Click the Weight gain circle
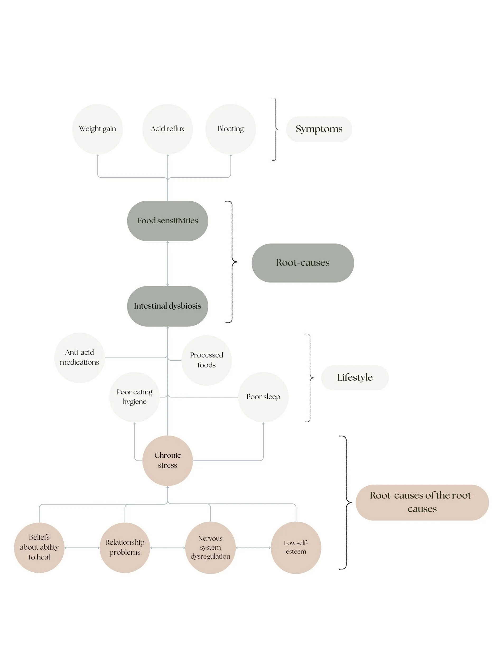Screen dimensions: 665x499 pyautogui.click(x=97, y=129)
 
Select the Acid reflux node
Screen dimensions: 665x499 pyautogui.click(x=167, y=129)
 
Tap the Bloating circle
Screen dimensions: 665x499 pyautogui.click(x=231, y=129)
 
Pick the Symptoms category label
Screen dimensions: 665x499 pyautogui.click(x=319, y=129)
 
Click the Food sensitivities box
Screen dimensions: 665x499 pyautogui.click(x=167, y=221)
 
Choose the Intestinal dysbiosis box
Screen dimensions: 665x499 pyautogui.click(x=167, y=306)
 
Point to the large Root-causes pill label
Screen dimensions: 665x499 pyautogui.click(x=302, y=263)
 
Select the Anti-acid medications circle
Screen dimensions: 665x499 pyautogui.click(x=80, y=357)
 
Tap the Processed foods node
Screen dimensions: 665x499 pyautogui.click(x=207, y=360)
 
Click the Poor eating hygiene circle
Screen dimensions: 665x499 pyautogui.click(x=134, y=397)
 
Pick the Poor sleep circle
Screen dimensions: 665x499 pyautogui.click(x=263, y=397)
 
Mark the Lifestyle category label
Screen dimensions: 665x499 pyautogui.click(x=355, y=378)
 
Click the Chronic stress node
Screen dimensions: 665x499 pyautogui.click(x=167, y=460)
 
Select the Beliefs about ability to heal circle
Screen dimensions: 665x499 pyautogui.click(x=39, y=548)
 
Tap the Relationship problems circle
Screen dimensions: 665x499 pyautogui.click(x=125, y=548)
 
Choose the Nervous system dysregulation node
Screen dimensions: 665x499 pyautogui.click(x=210, y=548)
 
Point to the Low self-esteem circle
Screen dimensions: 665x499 pyautogui.click(x=296, y=548)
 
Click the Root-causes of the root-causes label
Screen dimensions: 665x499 pyautogui.click(x=422, y=502)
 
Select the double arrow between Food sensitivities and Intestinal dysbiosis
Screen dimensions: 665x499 pyautogui.click(x=167, y=263)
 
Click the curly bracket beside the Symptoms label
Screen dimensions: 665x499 pyautogui.click(x=275, y=129)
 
